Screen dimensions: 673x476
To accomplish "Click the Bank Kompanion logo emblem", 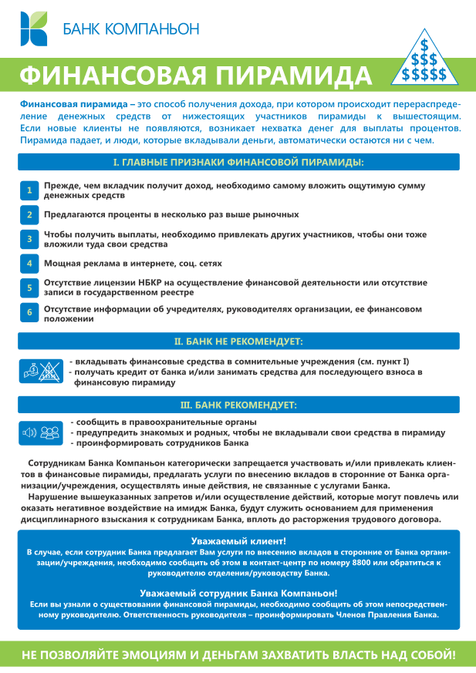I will pos(35,29).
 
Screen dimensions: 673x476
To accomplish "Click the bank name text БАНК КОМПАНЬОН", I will pos(130,29).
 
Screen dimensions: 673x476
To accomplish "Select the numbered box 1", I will pos(29,190).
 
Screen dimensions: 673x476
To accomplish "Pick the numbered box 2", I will pos(29,214).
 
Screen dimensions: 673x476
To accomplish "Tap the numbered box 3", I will pos(29,239).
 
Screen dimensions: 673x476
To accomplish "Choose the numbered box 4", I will pos(29,263).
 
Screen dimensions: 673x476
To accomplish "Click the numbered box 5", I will pos(29,288).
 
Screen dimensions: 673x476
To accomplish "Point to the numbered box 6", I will pos(29,312).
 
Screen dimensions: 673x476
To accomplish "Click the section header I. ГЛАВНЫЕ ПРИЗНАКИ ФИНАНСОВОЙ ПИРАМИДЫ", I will pos(238,162).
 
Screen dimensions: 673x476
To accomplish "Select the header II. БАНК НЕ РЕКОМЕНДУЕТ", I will pos(238,340).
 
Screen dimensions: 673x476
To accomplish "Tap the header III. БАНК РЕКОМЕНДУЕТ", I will pos(238,404).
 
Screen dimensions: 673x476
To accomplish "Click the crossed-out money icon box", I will pos(40,371).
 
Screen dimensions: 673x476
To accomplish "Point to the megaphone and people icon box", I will pos(40,432).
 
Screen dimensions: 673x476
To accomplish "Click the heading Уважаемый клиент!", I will pos(238,541).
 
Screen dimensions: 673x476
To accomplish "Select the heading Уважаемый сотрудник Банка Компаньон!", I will pos(238,593).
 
